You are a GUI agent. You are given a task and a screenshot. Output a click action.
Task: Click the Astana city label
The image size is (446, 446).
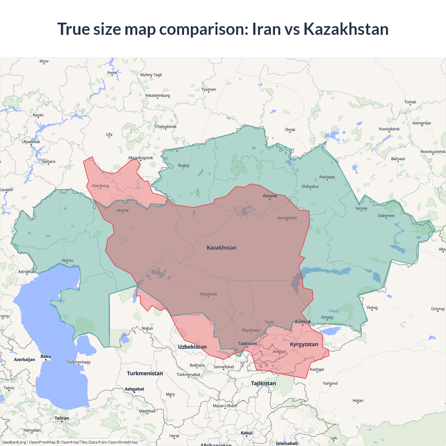(x=270, y=196)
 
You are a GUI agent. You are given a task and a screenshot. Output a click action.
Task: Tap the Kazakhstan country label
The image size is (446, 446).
(x=222, y=248)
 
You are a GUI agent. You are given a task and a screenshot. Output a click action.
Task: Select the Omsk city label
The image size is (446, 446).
(x=290, y=130)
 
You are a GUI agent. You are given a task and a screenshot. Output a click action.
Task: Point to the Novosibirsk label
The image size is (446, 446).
(x=389, y=129)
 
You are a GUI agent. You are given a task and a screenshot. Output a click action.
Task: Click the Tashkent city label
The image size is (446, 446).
(x=247, y=344)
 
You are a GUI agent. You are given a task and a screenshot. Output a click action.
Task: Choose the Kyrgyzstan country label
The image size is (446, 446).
(x=304, y=344)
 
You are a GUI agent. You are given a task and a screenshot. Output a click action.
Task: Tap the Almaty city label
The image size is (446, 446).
(x=327, y=317)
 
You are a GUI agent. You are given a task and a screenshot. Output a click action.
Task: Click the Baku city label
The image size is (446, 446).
(x=46, y=356)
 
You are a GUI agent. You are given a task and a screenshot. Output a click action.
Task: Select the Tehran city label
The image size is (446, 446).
(x=62, y=418)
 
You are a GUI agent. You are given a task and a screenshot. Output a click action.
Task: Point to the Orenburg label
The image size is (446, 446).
(x=100, y=186)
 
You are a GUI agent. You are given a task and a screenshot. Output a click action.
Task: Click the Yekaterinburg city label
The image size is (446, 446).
(x=157, y=95)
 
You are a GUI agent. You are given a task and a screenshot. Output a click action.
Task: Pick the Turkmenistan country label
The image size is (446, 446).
(x=145, y=373)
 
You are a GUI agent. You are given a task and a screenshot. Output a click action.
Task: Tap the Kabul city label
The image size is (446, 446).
(x=246, y=433)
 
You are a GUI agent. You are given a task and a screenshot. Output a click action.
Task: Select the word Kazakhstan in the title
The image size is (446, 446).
(x=346, y=29)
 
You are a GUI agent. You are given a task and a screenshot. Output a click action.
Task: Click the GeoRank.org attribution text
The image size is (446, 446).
(x=14, y=442)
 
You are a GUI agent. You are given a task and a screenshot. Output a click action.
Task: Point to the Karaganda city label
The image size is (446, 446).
(x=287, y=218)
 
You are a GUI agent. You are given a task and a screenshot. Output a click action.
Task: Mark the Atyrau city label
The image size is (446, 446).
(x=67, y=260)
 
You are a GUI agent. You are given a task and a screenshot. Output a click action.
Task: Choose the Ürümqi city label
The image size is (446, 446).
(x=438, y=309)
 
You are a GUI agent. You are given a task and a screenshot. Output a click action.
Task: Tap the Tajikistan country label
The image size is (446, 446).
(x=263, y=383)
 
